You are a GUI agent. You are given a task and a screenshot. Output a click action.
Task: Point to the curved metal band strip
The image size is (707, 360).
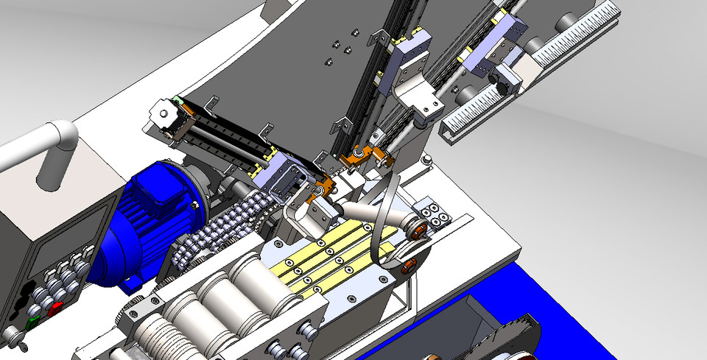[383, 221]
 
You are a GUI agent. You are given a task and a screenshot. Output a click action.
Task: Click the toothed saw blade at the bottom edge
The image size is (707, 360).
[516, 339]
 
